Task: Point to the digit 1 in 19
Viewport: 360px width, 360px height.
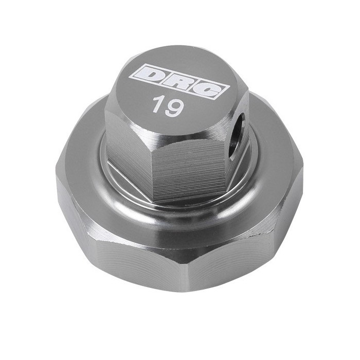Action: coord(157,104)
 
